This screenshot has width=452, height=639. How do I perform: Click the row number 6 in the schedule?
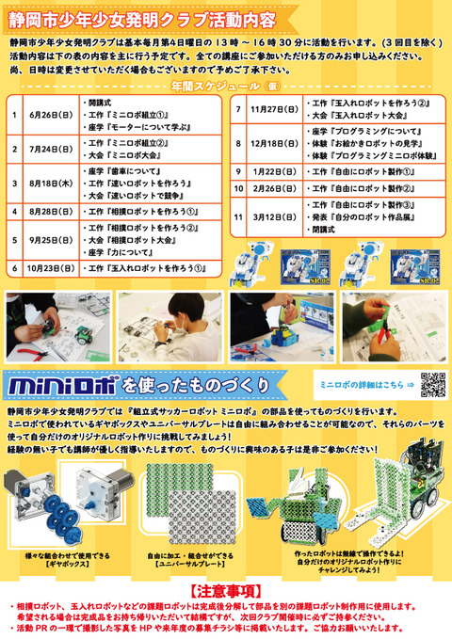[x=14, y=268]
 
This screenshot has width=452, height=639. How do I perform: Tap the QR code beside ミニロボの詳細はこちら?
[x=431, y=385]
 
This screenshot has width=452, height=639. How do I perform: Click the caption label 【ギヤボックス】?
[x=64, y=563]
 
